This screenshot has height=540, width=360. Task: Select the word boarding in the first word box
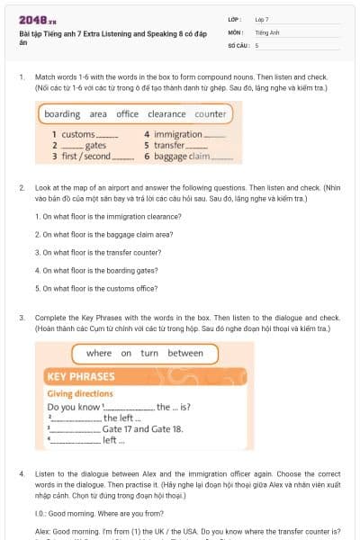[62, 114]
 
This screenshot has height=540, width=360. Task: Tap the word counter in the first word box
[210, 114]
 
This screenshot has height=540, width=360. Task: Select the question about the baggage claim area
[97, 235]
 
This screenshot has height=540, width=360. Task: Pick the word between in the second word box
[185, 354]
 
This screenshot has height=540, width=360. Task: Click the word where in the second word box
[99, 354]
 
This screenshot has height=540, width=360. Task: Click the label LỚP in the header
[234, 19]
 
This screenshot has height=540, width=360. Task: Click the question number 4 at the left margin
[22, 472]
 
